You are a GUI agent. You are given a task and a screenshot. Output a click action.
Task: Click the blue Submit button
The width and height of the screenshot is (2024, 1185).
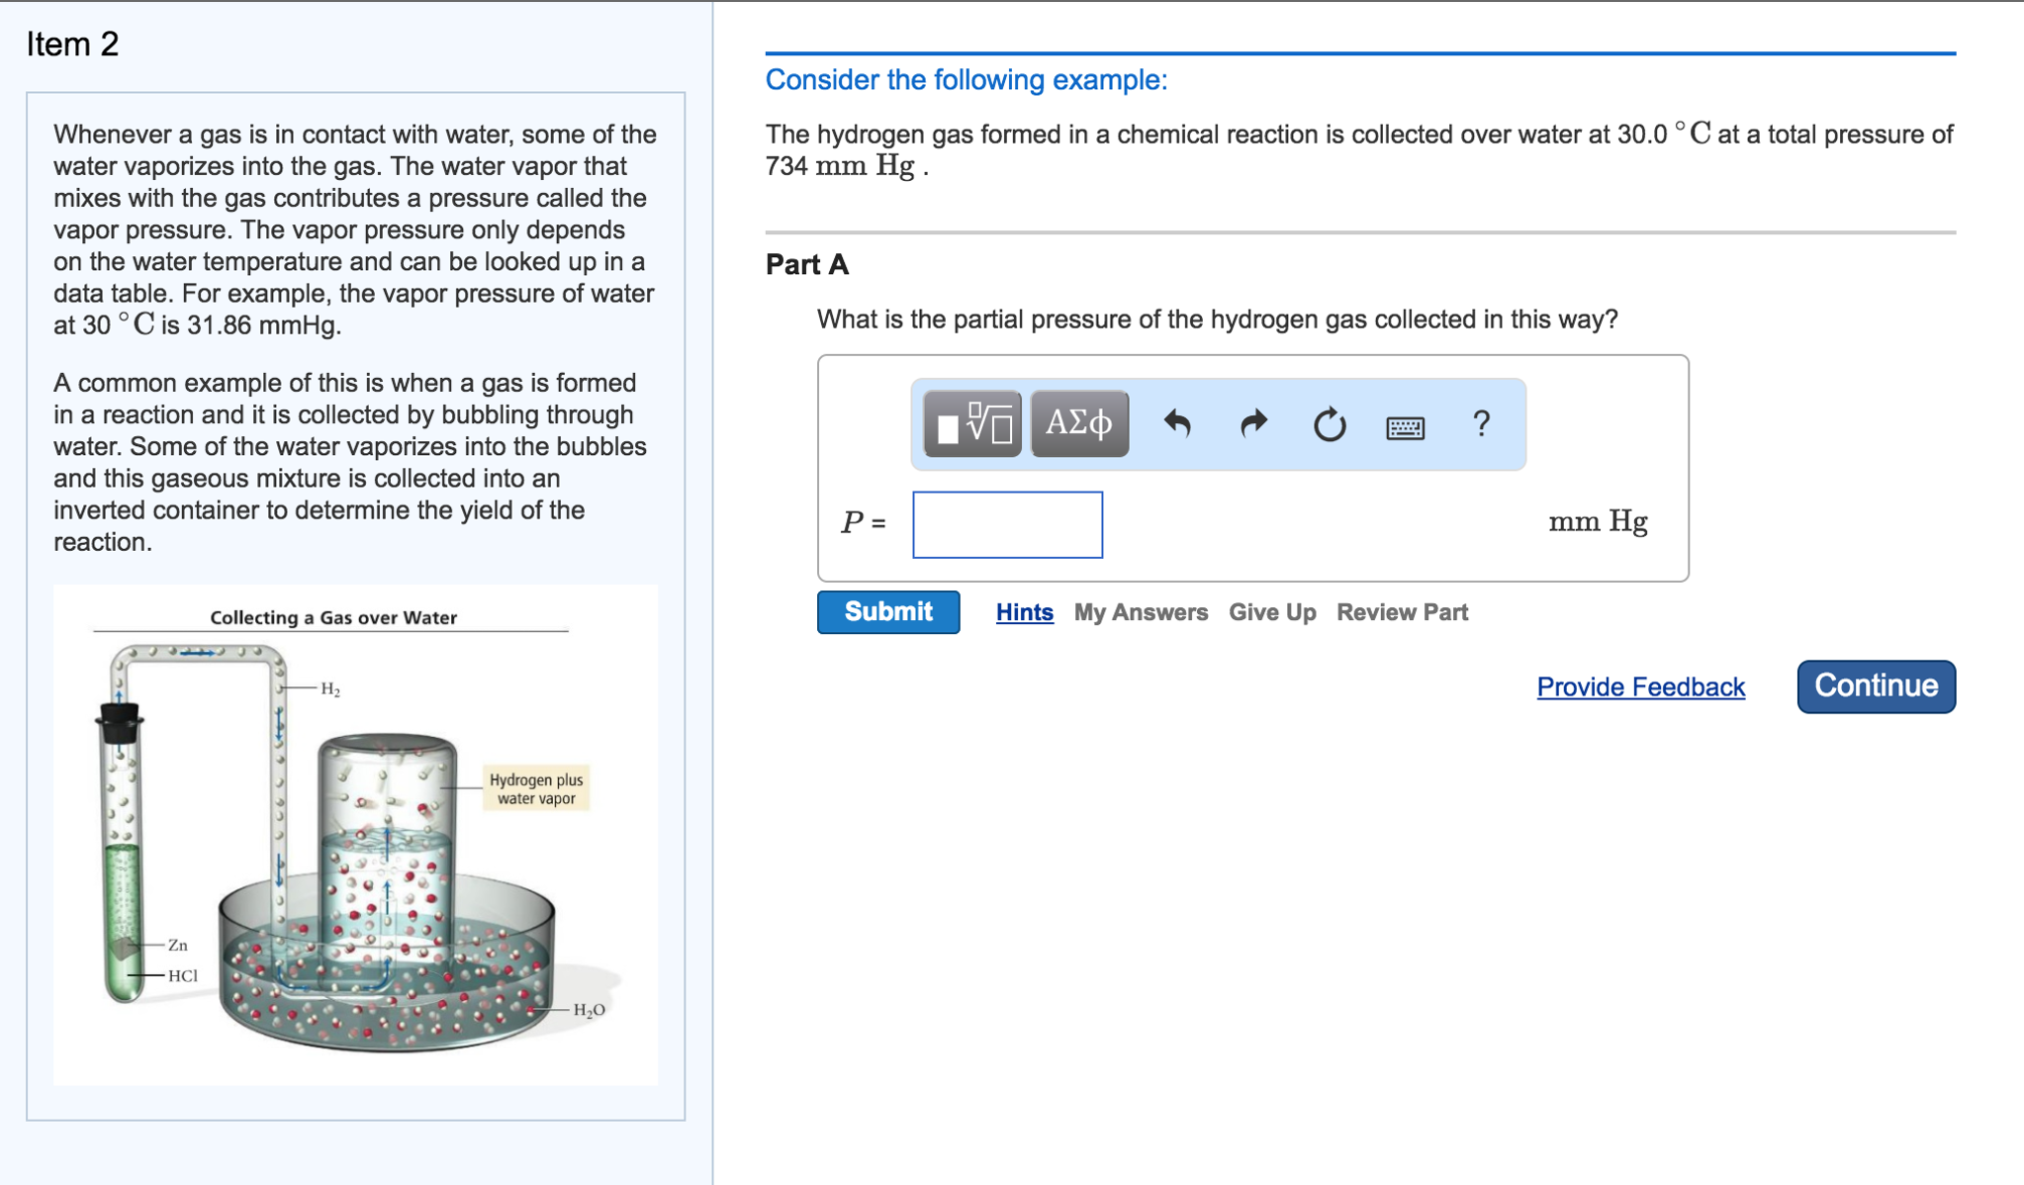(x=887, y=612)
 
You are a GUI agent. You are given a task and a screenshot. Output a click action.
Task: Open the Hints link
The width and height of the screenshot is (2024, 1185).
(x=1024, y=613)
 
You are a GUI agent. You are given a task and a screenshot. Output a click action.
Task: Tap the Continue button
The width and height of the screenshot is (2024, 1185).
(x=1875, y=686)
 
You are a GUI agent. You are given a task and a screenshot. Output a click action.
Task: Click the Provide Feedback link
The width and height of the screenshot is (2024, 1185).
(x=1640, y=687)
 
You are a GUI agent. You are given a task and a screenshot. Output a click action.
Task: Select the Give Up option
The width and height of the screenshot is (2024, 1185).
(x=1271, y=613)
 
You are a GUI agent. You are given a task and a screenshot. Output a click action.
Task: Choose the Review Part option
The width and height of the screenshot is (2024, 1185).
(x=1402, y=613)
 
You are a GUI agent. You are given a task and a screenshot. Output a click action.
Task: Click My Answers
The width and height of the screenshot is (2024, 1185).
(x=1141, y=613)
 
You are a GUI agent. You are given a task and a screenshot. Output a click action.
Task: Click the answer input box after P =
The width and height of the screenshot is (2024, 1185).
(x=1007, y=524)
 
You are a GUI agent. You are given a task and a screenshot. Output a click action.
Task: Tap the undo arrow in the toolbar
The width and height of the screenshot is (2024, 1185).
(x=1177, y=424)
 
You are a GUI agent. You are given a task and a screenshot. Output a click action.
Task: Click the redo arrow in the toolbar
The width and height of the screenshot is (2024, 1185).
(x=1253, y=424)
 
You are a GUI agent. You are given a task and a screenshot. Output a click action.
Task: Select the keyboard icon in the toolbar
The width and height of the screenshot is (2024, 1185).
(x=1405, y=426)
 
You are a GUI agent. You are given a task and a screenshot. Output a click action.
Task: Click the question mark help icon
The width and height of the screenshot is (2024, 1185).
(x=1481, y=424)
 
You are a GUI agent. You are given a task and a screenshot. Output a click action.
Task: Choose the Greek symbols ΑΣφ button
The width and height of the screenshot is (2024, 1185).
(x=1079, y=424)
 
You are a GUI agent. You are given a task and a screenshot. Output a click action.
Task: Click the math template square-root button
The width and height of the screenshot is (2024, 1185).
(x=972, y=424)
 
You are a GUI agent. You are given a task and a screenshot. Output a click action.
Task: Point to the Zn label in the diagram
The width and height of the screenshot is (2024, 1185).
(x=178, y=946)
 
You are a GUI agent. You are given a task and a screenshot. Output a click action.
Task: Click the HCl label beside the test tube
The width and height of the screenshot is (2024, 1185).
(x=183, y=975)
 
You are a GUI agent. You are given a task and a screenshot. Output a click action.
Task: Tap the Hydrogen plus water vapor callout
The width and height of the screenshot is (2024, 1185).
(x=536, y=788)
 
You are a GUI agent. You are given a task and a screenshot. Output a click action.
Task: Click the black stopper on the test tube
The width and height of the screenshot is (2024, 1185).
(x=119, y=722)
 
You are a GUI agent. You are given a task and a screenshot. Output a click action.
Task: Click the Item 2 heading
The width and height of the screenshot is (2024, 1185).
(x=73, y=45)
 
